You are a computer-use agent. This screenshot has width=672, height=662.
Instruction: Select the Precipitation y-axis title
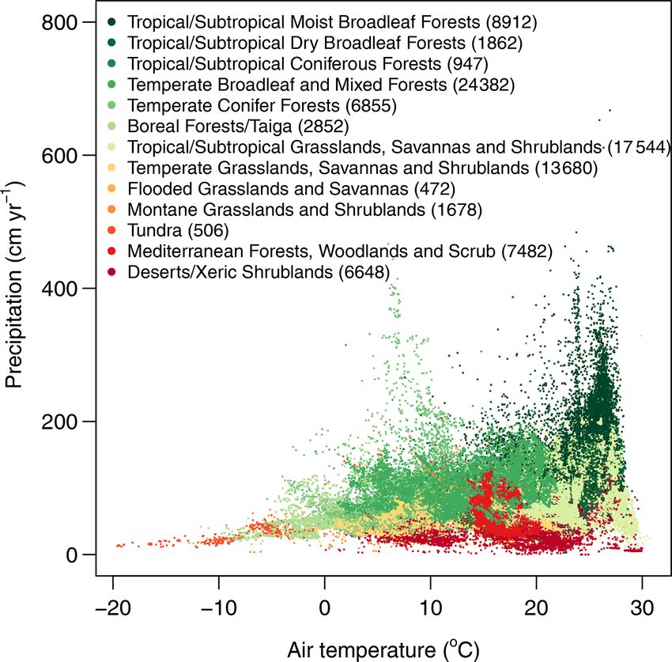(x=17, y=285)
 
